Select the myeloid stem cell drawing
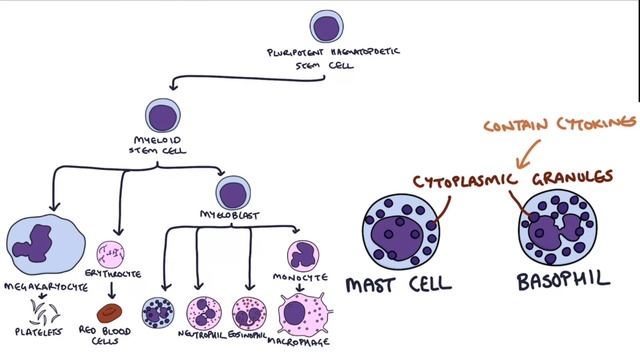162,114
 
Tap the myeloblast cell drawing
233,192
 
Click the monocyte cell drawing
303,255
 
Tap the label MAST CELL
398,285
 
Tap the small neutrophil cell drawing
204,312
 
